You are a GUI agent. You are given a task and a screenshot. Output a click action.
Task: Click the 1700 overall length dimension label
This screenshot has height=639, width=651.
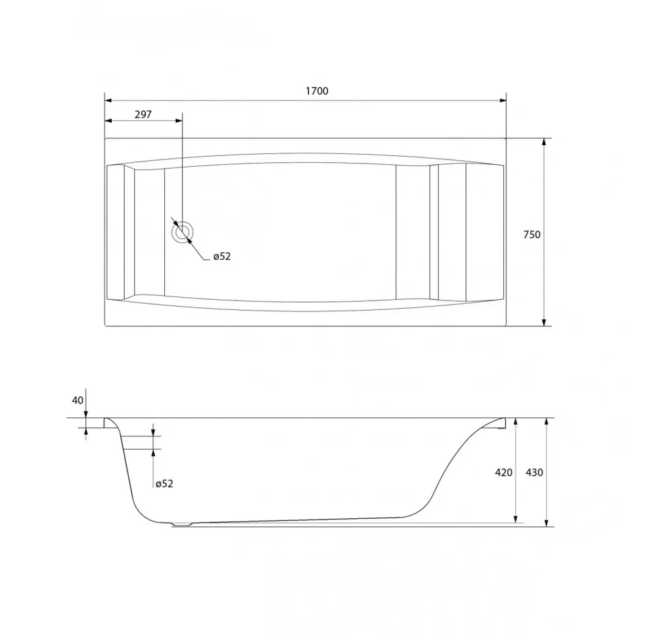pyautogui.click(x=317, y=91)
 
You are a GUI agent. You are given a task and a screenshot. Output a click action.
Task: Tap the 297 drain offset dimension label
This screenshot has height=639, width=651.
pyautogui.click(x=143, y=114)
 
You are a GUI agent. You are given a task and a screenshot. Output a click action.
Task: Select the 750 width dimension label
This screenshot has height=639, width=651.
pyautogui.click(x=532, y=235)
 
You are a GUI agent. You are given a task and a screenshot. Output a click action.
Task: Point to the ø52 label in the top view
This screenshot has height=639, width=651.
pyautogui.click(x=222, y=256)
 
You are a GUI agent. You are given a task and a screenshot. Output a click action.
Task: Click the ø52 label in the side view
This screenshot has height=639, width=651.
pyautogui.click(x=164, y=483)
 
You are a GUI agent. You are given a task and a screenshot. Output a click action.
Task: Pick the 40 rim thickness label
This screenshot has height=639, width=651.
pyautogui.click(x=77, y=400)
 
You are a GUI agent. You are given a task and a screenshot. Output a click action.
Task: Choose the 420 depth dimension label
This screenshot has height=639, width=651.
pyautogui.click(x=504, y=472)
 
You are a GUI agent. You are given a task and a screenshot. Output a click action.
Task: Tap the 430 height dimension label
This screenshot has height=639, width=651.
pyautogui.click(x=534, y=472)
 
